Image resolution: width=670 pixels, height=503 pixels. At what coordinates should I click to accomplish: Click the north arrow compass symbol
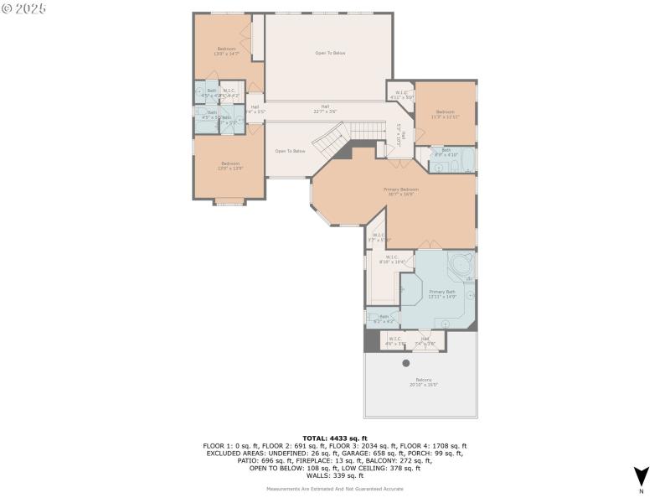click(x=641, y=475)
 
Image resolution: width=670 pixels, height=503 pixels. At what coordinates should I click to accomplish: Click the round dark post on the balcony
click(x=406, y=363)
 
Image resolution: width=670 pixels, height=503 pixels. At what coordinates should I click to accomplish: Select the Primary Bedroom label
click(x=401, y=191)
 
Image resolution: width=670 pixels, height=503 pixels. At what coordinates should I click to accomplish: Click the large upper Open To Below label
click(x=330, y=53)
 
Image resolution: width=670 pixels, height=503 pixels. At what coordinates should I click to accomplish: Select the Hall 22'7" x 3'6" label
click(x=325, y=108)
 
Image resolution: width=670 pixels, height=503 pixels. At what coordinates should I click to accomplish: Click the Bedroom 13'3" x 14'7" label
click(x=227, y=50)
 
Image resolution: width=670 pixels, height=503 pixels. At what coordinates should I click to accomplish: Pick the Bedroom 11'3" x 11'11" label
click(x=445, y=113)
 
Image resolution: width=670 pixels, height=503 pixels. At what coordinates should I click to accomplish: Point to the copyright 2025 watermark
click(x=24, y=8)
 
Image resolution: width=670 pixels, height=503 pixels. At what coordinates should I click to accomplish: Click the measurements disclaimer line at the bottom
click(x=335, y=488)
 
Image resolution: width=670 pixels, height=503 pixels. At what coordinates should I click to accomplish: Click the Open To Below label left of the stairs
click(x=291, y=151)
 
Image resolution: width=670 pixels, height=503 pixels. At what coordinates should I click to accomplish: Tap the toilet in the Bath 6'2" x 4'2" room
click(x=371, y=317)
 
